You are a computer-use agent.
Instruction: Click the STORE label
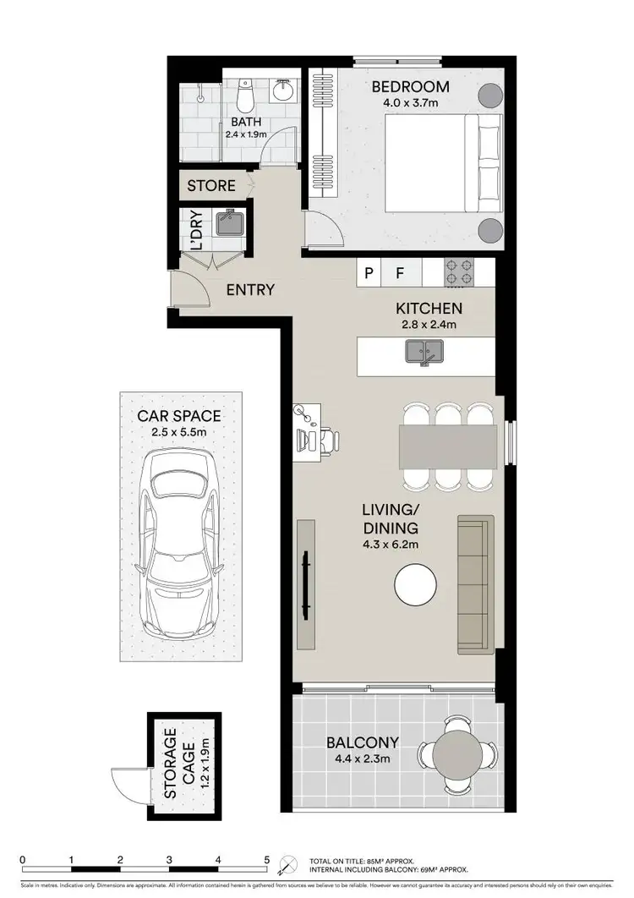pyautogui.click(x=211, y=185)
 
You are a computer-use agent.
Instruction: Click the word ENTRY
pyautogui.click(x=250, y=290)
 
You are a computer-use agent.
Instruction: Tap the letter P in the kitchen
pyautogui.click(x=369, y=272)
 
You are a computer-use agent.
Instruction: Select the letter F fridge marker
pyautogui.click(x=402, y=272)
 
